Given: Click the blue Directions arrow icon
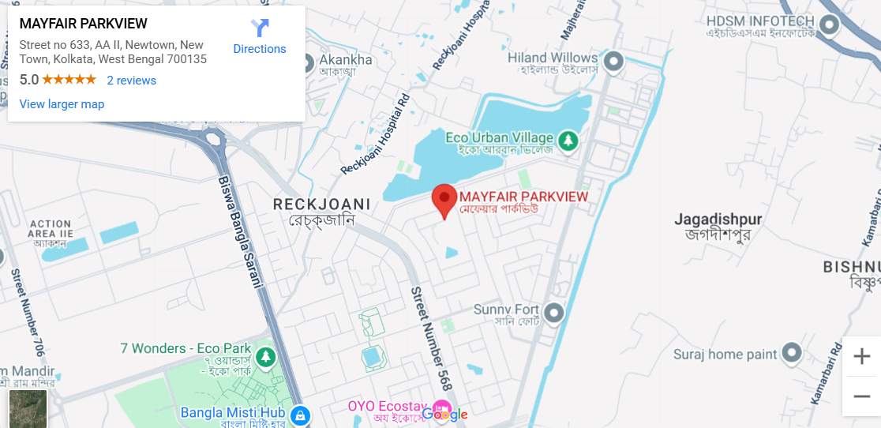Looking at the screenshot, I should (260, 29).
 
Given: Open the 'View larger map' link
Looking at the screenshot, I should (62, 104).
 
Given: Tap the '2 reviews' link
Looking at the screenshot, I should (131, 81).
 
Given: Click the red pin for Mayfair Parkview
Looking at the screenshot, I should (444, 199).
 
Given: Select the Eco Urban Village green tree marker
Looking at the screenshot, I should (567, 141).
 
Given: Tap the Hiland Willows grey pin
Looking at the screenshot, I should (613, 62).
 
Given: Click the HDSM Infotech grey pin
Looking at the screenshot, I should (829, 26).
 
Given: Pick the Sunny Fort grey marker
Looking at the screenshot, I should (554, 313).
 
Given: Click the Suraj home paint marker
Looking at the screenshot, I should (792, 354).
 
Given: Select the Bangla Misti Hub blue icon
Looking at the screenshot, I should (299, 415).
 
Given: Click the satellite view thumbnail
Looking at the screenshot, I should (28, 409).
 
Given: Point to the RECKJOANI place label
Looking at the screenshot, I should (321, 205).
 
